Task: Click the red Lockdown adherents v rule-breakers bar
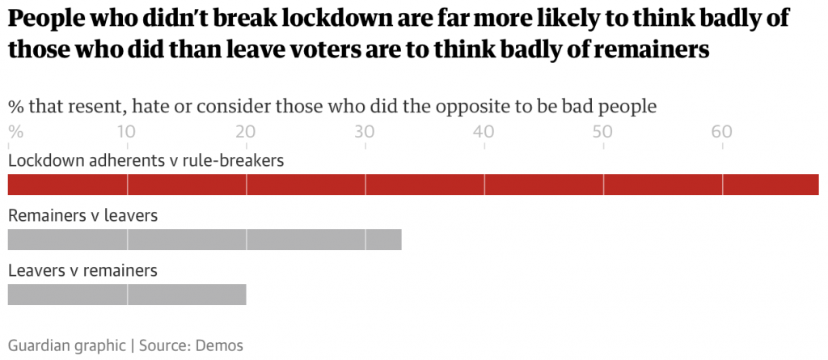412,184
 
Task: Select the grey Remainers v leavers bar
204,239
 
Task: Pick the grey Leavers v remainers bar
126,294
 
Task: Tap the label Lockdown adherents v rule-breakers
146,160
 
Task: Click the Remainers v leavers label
82,216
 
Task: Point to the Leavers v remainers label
82,270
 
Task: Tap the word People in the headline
44,19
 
